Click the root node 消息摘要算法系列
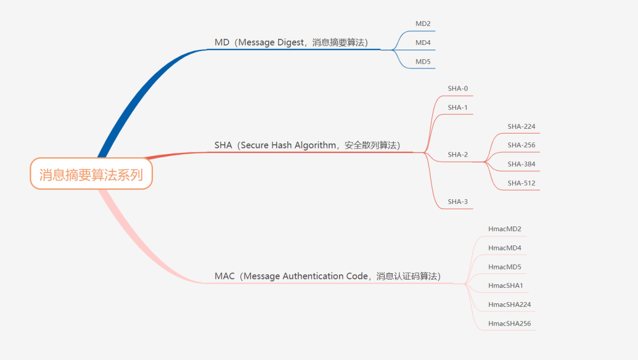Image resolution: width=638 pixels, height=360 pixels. click(x=91, y=174)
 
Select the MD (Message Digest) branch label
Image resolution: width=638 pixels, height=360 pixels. click(x=291, y=43)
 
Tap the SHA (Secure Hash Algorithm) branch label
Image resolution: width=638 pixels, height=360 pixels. click(x=307, y=145)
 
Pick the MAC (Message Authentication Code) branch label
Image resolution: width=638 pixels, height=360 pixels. click(x=327, y=276)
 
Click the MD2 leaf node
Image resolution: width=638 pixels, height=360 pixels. click(x=423, y=24)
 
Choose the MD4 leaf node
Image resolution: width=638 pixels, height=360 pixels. click(x=423, y=43)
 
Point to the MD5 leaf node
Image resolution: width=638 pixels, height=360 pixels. click(x=423, y=62)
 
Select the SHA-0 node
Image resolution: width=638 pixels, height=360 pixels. click(x=458, y=89)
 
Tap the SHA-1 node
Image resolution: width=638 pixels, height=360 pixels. click(x=458, y=108)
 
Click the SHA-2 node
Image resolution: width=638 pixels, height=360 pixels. click(x=458, y=155)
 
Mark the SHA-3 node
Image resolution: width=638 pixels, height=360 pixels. click(x=458, y=202)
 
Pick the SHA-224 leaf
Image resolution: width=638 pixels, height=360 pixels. click(x=521, y=127)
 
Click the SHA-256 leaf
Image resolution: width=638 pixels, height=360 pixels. click(x=521, y=145)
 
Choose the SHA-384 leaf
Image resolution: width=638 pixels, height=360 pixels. click(x=521, y=164)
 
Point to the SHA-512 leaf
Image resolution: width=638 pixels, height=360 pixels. click(x=521, y=183)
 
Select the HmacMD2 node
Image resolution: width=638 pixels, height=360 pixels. click(x=505, y=229)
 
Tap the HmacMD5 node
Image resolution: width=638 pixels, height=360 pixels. click(x=505, y=267)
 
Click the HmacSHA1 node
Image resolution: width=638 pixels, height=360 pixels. click(x=506, y=286)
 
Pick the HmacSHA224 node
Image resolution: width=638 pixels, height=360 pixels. click(x=510, y=305)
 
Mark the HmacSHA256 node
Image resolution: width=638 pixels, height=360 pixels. click(x=510, y=324)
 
